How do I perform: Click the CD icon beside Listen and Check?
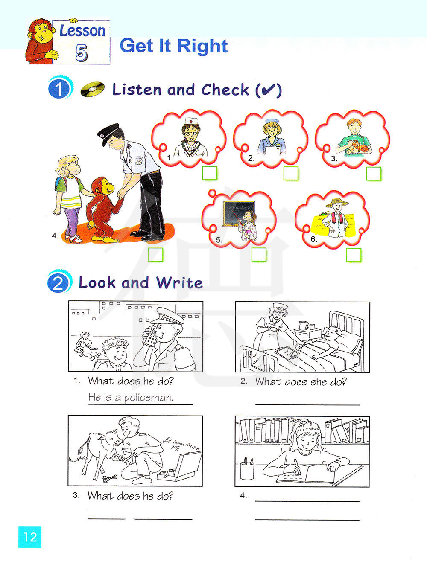(93, 89)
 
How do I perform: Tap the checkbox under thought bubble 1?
(210, 173)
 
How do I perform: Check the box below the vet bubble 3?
(374, 174)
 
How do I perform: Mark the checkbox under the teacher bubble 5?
(259, 254)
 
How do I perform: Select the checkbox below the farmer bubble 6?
(354, 255)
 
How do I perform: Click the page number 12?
(30, 537)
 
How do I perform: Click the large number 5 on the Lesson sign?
(82, 52)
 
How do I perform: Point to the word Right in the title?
(202, 46)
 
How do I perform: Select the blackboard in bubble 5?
(239, 213)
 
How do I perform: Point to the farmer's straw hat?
(337, 203)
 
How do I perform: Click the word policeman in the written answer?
(149, 398)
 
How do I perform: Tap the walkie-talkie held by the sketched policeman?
(151, 337)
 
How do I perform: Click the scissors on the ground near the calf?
(109, 478)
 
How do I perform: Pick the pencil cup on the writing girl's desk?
(247, 470)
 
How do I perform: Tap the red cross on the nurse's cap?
(191, 122)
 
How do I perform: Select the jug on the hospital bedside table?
(303, 325)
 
